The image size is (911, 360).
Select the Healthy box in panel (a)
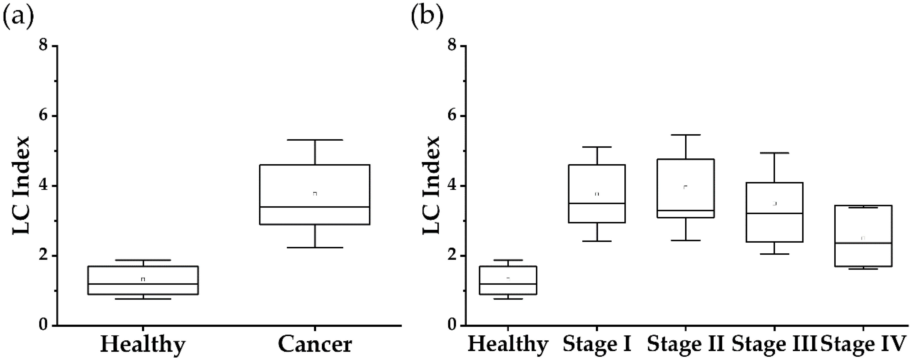[143, 280]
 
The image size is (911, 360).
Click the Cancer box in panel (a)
[315, 195]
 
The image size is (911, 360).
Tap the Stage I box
[597, 193]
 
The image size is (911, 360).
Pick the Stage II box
[685, 188]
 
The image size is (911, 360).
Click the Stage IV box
[863, 236]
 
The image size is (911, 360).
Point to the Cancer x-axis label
[315, 344]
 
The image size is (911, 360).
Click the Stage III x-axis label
[775, 344]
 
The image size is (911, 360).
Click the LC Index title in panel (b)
[431, 185]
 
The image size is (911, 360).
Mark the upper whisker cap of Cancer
[315, 140]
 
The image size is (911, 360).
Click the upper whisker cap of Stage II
[685, 135]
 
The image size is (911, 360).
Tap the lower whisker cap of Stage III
[775, 254]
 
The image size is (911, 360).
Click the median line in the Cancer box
[315, 207]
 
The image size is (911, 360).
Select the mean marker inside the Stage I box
[597, 194]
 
